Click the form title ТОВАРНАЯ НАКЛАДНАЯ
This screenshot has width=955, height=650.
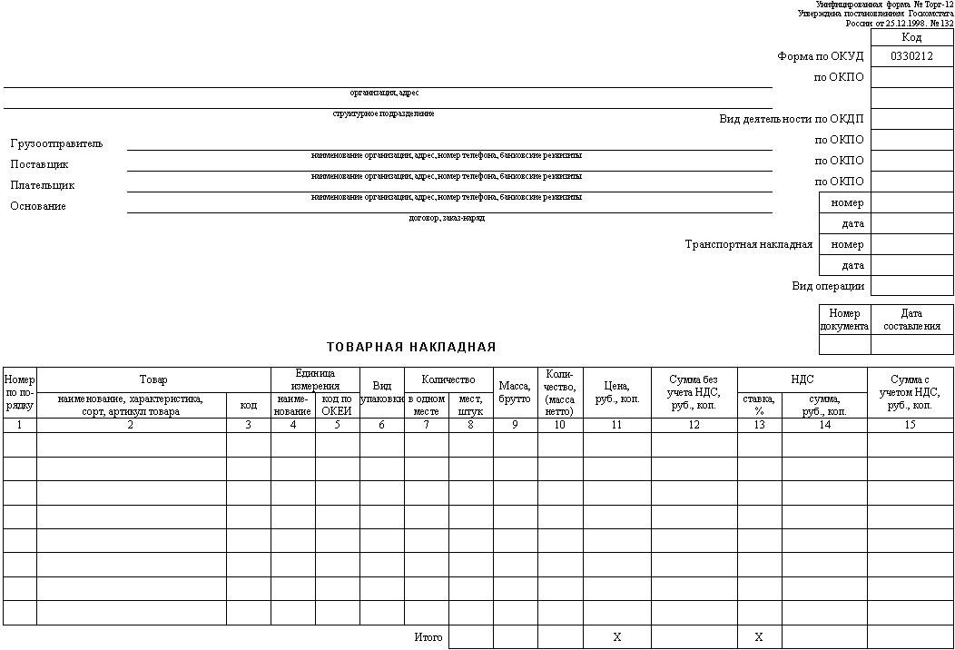click(x=411, y=347)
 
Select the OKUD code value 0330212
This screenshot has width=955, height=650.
click(x=911, y=56)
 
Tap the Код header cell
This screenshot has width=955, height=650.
click(x=911, y=37)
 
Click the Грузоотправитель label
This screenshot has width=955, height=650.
click(x=56, y=143)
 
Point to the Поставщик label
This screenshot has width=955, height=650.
click(x=39, y=164)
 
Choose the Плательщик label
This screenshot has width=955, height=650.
click(x=43, y=185)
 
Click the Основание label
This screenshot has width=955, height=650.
click(x=38, y=206)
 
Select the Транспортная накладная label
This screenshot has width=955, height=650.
click(x=748, y=244)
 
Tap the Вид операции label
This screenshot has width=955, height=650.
click(x=828, y=286)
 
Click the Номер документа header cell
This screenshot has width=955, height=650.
click(x=844, y=320)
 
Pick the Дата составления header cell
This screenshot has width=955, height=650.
click(x=911, y=320)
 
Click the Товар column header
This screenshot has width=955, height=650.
click(x=153, y=379)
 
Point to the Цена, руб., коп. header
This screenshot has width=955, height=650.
click(x=616, y=392)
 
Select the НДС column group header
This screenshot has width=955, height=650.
click(x=802, y=379)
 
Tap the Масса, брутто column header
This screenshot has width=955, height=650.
click(x=515, y=392)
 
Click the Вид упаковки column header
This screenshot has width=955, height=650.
click(x=382, y=392)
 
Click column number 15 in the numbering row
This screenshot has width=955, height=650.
click(x=910, y=425)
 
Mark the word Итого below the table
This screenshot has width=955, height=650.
click(x=428, y=637)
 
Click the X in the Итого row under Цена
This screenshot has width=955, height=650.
click(x=616, y=637)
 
